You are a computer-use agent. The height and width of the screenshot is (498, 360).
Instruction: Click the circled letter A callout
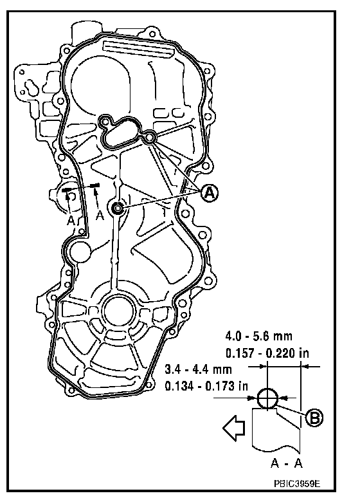[210, 193]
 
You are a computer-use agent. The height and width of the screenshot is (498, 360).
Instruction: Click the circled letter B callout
[314, 418]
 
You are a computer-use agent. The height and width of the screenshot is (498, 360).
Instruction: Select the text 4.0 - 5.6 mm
[258, 336]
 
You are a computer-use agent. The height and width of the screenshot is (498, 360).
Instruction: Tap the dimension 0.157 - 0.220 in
[267, 353]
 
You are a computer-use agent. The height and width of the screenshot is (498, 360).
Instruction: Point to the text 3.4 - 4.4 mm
[199, 369]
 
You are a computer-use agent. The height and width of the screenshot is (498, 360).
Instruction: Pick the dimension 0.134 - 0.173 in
[206, 386]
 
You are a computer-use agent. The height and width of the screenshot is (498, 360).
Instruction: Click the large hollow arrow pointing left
[234, 428]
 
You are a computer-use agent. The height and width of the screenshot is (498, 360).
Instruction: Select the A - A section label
[287, 463]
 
